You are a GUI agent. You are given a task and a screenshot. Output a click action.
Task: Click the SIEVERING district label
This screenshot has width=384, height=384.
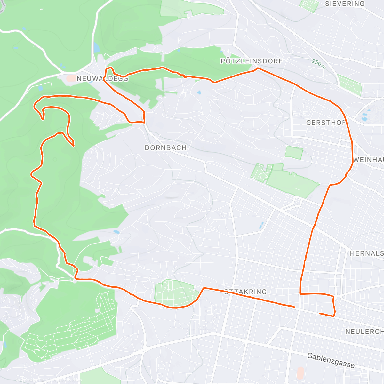coord(345,4)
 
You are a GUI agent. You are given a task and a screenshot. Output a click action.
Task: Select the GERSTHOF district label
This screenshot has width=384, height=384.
coord(326,123)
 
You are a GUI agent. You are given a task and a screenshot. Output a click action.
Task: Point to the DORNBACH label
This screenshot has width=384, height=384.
coord(165,148)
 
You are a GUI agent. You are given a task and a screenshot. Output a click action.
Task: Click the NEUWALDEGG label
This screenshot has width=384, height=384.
coord(102,78)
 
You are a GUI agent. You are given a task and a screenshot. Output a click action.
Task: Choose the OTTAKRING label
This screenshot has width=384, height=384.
coord(245,292)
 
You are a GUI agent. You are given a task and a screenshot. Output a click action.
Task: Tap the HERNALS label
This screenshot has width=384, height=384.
coord(366,253)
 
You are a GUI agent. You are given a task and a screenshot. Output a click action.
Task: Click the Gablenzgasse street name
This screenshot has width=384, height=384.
coord(331,360)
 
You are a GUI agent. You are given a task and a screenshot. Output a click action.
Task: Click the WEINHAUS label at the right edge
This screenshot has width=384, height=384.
coord(368,160)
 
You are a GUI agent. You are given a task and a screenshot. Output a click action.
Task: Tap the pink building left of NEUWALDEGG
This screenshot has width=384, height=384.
coord(71,78)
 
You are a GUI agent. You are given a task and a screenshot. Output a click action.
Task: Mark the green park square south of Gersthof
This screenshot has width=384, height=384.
coord(294,153)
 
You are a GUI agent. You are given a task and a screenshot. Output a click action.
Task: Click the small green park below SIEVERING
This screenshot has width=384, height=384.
coord(309,6)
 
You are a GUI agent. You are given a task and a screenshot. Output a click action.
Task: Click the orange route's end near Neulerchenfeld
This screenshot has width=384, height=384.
coord(320,313)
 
